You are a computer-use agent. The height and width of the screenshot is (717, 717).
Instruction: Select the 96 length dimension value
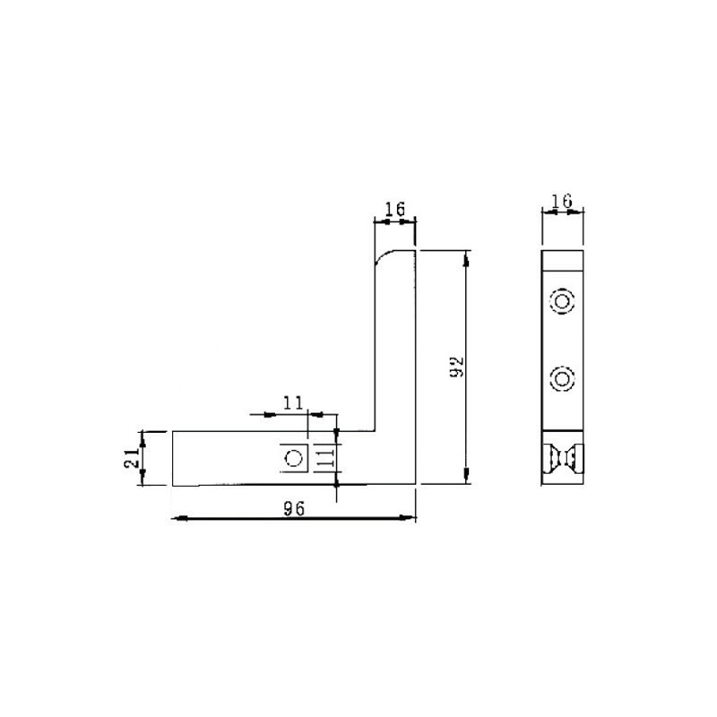point(293,508)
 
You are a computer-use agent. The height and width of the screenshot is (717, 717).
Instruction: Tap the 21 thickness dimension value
point(130,459)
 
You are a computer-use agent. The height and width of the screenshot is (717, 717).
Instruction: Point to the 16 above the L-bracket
point(394,210)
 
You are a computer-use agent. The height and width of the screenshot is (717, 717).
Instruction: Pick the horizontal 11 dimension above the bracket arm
point(292,403)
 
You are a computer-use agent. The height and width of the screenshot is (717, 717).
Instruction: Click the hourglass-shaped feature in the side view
point(563,458)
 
